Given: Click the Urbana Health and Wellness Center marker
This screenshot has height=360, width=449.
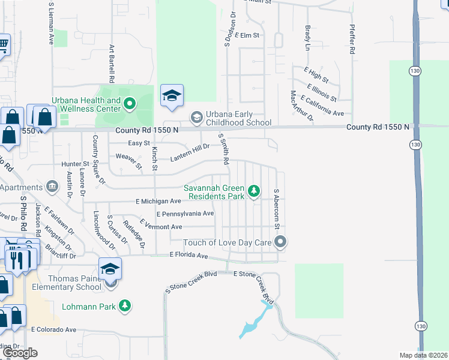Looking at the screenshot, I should click(129, 105).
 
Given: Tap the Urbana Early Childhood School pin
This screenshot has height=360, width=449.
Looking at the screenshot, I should click(196, 116).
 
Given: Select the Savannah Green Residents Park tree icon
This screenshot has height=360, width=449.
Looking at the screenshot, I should click(255, 191).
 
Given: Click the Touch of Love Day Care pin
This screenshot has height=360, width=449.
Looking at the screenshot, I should click(280, 242).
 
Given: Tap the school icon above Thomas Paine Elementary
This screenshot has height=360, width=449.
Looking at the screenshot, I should click(110, 269).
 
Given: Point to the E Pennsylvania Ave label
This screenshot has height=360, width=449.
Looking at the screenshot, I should click(185, 214).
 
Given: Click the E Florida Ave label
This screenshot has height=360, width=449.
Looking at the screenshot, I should click(188, 256).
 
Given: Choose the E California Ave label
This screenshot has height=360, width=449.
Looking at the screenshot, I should click(322, 106).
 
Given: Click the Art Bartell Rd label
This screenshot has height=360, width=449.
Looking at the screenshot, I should click(112, 64).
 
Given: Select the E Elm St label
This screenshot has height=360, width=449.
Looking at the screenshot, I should click(247, 35).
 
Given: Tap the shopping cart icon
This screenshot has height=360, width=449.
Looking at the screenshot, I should click(3, 44).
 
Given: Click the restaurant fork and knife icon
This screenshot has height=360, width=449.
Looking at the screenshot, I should click(17, 260).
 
